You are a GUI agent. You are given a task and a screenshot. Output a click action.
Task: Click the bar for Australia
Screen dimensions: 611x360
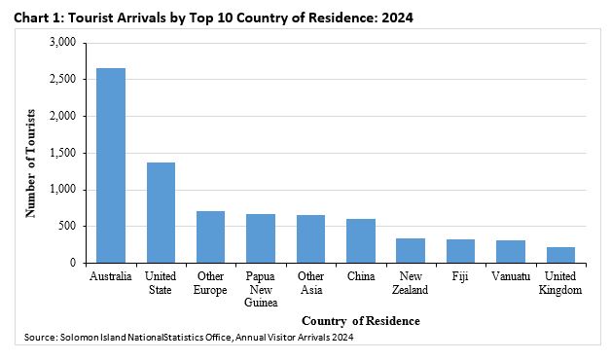click(111, 165)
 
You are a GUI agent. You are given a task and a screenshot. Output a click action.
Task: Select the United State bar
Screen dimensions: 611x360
click(161, 213)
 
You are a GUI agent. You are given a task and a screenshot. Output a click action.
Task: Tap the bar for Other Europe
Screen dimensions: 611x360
click(211, 236)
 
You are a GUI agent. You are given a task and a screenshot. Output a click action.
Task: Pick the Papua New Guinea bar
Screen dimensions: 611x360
click(261, 238)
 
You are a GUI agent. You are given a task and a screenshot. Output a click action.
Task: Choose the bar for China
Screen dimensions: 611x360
click(361, 240)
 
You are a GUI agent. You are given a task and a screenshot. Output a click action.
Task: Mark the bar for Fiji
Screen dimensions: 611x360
click(460, 251)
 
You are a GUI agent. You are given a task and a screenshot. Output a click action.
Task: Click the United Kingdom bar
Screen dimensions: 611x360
click(560, 255)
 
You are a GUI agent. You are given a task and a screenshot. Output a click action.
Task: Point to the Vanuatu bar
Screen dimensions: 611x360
click(511, 252)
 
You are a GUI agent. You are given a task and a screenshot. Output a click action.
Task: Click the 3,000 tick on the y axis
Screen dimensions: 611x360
click(62, 42)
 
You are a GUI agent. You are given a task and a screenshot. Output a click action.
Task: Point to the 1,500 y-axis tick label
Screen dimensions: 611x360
click(62, 153)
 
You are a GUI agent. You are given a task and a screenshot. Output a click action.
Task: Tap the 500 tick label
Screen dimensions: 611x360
click(67, 226)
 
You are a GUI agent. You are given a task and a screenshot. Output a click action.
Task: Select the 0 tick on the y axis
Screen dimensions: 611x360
click(73, 263)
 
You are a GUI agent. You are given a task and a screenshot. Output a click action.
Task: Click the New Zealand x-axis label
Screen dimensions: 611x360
click(411, 283)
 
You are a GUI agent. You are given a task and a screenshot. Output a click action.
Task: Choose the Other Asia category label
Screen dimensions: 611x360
click(311, 283)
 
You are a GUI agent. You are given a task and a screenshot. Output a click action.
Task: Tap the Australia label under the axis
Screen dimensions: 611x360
click(111, 276)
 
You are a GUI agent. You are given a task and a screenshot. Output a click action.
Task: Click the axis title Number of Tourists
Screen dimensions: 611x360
click(30, 163)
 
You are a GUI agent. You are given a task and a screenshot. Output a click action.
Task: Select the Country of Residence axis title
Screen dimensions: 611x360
click(361, 321)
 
